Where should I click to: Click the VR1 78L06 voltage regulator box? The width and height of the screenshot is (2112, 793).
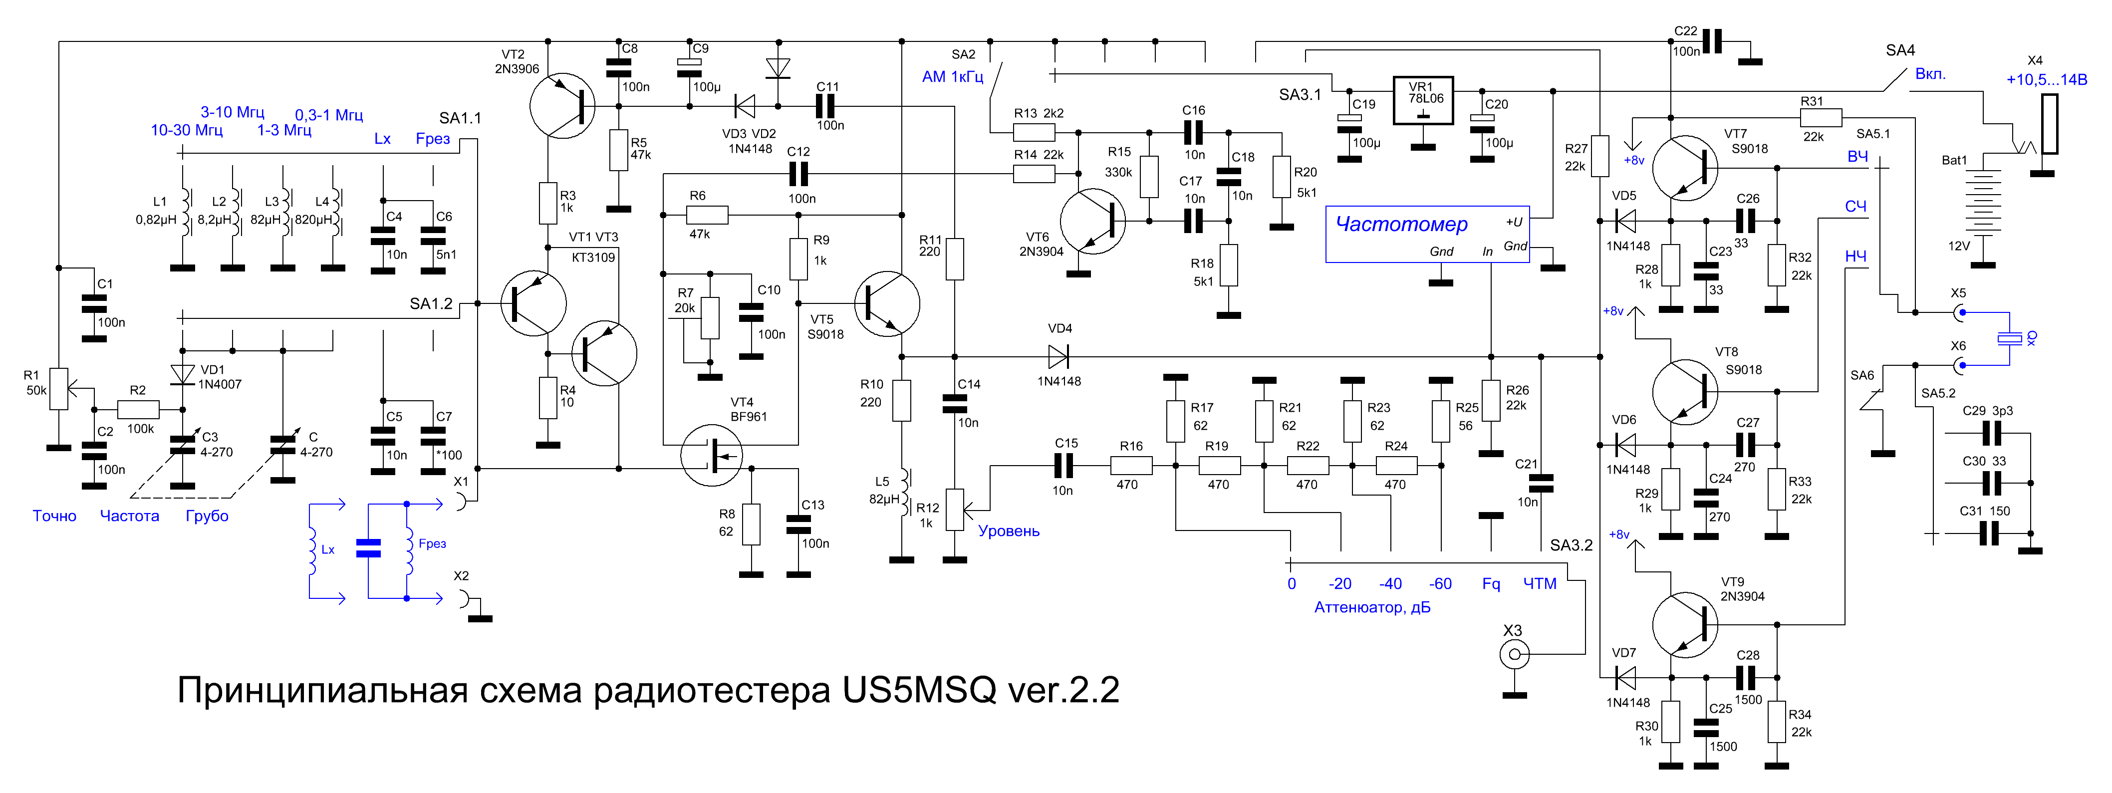[1423, 101]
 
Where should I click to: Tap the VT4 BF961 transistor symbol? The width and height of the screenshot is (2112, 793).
[712, 455]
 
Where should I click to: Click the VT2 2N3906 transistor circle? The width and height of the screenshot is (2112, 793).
[562, 106]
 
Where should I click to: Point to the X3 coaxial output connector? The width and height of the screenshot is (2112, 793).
[1514, 654]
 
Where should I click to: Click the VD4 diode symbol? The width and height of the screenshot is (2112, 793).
[1058, 357]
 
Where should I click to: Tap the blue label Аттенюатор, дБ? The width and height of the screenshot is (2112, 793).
[1372, 608]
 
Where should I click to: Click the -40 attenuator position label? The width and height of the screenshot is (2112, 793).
[1390, 584]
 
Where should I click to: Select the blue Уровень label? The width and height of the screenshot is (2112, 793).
[1009, 531]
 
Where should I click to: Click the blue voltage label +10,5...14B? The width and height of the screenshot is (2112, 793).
[2047, 79]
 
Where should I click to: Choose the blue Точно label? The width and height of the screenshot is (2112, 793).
[54, 516]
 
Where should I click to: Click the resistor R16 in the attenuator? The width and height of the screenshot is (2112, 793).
[1131, 466]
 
